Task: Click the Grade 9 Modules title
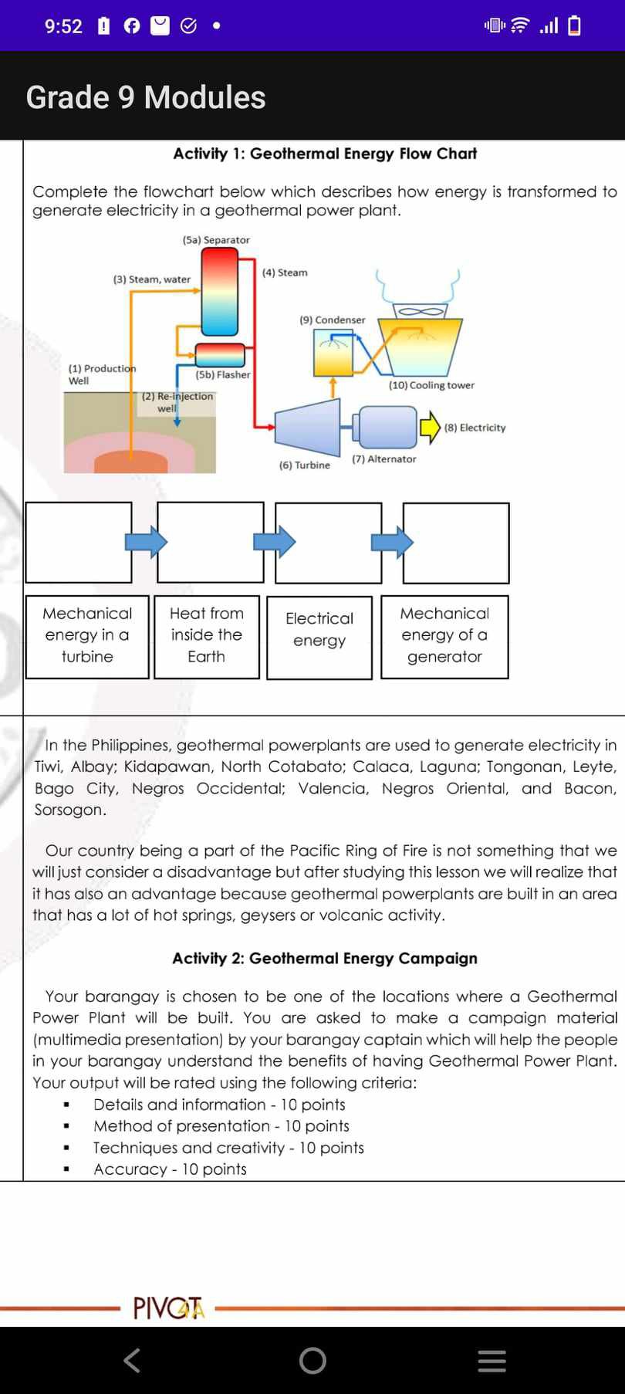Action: (146, 97)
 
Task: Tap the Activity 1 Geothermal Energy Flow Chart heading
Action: (325, 154)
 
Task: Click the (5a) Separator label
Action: (216, 240)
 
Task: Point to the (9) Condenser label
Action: (333, 320)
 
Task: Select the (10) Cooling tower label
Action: (431, 385)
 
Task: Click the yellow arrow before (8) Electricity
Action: (430, 428)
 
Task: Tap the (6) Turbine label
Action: (305, 465)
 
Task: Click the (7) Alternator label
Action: (384, 459)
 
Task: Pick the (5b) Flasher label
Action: (223, 374)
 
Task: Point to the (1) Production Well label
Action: (100, 374)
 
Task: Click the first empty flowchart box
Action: (79, 543)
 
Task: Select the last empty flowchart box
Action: (456, 543)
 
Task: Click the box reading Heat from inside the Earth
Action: (207, 635)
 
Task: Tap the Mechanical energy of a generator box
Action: (444, 635)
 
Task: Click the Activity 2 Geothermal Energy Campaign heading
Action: (325, 958)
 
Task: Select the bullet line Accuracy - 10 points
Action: (170, 1169)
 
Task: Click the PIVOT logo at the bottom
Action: (169, 1308)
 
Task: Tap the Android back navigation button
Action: (132, 1360)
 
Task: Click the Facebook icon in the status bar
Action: (132, 26)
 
